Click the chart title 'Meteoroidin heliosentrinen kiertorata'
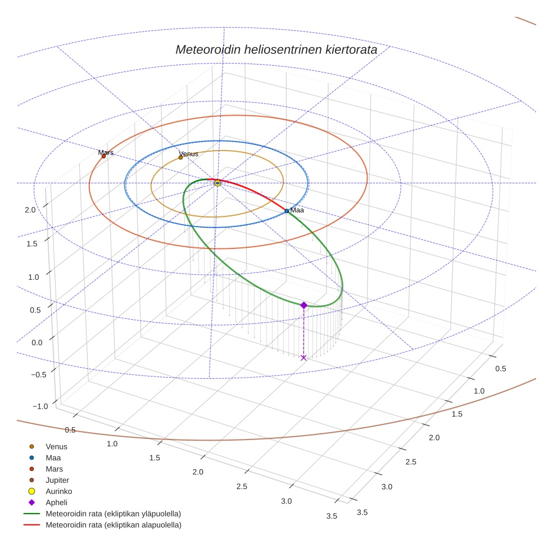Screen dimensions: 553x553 276,49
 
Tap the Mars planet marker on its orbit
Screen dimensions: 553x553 103,156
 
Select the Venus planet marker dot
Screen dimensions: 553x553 180,157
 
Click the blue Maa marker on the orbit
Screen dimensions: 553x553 287,211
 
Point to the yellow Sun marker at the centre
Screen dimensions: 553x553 217,183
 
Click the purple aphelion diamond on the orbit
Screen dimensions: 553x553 303,305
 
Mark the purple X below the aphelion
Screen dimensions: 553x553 303,357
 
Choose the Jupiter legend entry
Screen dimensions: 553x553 57,480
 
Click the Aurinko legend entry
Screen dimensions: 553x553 58,491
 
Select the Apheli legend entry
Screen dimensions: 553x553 56,502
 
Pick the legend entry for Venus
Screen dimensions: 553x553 56,447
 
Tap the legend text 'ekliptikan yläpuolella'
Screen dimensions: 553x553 146,514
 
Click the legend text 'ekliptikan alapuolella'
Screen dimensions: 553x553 146,525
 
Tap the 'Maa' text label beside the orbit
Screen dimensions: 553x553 297,210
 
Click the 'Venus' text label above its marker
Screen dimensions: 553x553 188,153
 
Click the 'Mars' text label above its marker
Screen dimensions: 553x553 106,152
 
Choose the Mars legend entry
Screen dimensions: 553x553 54,469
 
